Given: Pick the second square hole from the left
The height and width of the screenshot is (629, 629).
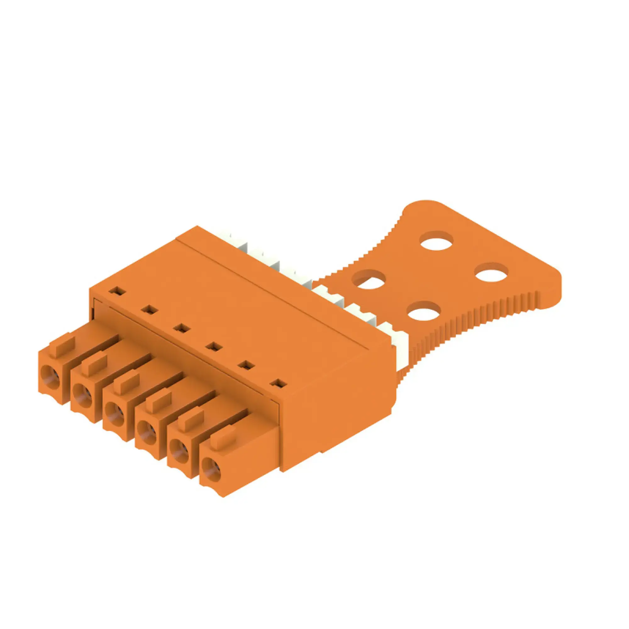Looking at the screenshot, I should (149, 309).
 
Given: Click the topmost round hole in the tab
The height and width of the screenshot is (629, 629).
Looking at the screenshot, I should (437, 242).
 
